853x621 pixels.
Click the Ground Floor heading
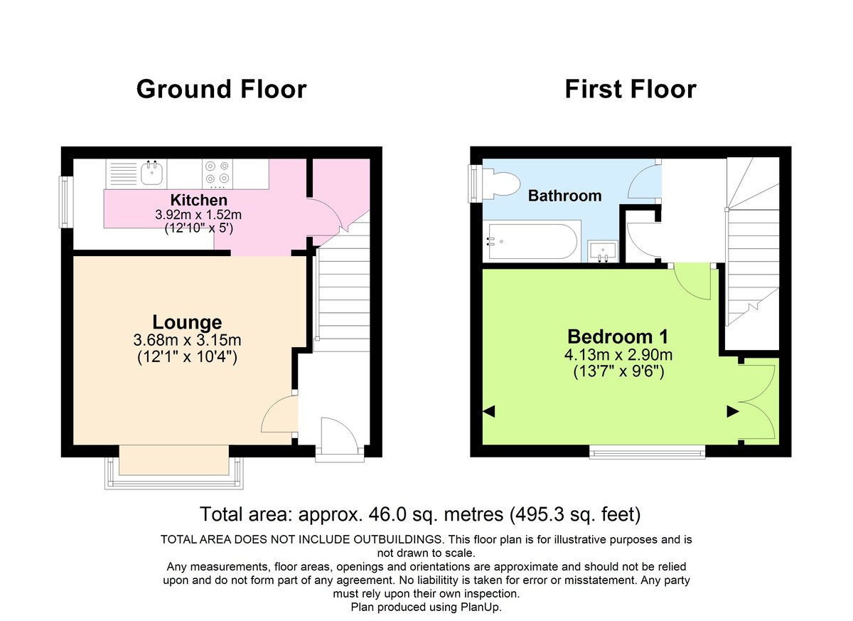pyautogui.click(x=221, y=90)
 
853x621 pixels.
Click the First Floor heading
pyautogui.click(x=630, y=90)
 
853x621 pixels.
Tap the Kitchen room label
pyautogui.click(x=199, y=200)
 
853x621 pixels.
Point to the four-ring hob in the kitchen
pyautogui.click(x=218, y=172)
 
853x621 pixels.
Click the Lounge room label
pyautogui.click(x=187, y=322)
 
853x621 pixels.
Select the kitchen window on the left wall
pyautogui.click(x=66, y=201)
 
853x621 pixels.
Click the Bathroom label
pyautogui.click(x=564, y=196)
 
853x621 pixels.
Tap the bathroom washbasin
pyautogui.click(x=603, y=251)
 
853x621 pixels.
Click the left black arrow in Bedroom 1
pyautogui.click(x=488, y=411)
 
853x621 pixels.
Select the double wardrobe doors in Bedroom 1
pyautogui.click(x=756, y=402)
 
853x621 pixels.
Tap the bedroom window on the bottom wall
pyautogui.click(x=647, y=450)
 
